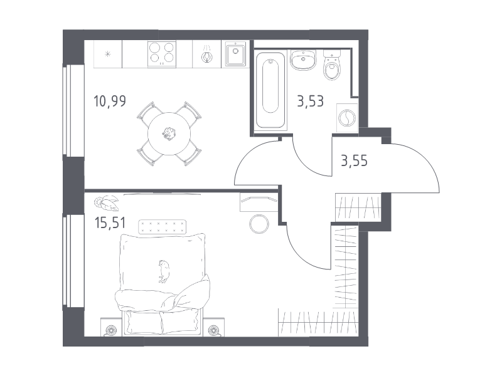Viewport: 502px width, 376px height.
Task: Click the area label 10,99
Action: coord(110,101)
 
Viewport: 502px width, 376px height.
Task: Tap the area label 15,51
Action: coord(110,222)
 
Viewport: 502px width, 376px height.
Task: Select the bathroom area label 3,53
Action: coord(310,101)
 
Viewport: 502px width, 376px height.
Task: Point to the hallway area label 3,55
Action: coord(354,160)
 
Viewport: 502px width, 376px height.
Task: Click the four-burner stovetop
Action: coord(162,53)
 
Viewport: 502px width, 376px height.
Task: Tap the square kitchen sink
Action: coord(235,53)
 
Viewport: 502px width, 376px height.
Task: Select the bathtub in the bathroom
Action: coord(270,90)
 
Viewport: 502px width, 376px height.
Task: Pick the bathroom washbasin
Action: coord(303,60)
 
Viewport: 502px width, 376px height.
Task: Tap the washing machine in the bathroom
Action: coord(347,118)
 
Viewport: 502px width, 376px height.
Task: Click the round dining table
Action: coord(169,133)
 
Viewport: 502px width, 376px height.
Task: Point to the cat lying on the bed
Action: coord(164,271)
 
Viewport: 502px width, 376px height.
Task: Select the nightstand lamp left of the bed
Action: coord(111,330)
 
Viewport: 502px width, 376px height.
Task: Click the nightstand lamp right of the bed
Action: coord(213,330)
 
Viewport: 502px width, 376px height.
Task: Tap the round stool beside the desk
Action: coord(259,224)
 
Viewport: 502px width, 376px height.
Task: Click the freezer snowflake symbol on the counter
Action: coord(108,54)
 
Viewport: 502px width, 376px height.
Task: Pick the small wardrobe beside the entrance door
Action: coord(358,207)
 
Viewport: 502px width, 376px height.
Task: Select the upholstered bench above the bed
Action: coord(163,227)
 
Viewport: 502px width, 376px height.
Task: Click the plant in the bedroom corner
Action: coord(106,203)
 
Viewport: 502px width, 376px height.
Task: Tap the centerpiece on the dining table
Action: coord(169,133)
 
